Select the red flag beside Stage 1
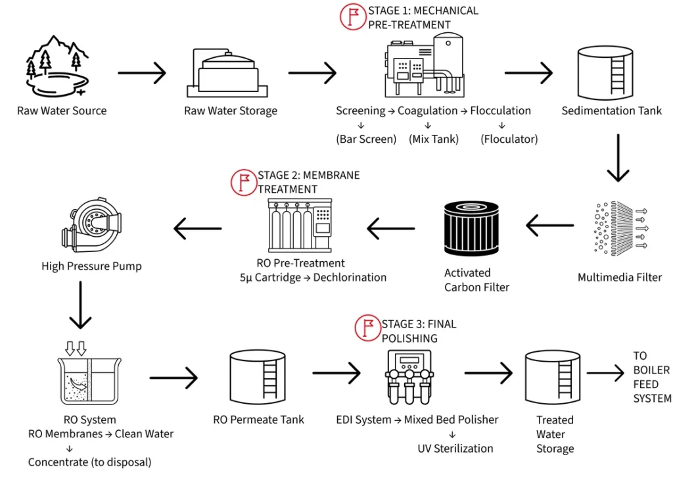353,16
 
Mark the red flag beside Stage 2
244,182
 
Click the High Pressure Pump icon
92,228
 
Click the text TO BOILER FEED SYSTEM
651,377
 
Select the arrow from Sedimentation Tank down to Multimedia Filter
618,158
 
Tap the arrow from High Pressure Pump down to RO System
80,305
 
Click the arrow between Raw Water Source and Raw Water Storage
142,74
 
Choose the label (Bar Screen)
366,139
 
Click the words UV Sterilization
455,449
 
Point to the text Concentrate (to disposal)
89,462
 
